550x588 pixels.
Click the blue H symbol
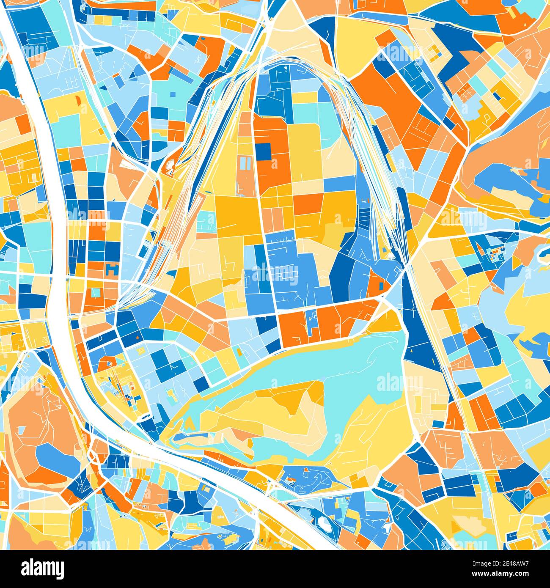(112, 268)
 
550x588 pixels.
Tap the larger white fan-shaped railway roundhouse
(170, 166)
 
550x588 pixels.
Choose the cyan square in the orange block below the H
(96, 293)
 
